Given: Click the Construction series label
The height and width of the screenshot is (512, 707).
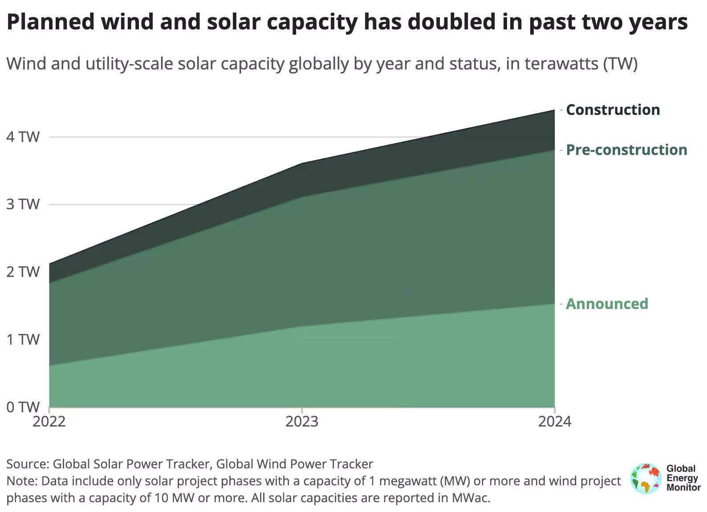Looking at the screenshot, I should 613,110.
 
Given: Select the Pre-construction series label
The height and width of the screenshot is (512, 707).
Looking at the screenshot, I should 626,150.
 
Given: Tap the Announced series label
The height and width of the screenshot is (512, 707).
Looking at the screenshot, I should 607,304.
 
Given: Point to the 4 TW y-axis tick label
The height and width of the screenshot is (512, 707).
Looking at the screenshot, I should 23,137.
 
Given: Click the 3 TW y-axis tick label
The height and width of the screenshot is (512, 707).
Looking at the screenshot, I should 23,204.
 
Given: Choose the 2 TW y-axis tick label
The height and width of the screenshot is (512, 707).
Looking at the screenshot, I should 23,272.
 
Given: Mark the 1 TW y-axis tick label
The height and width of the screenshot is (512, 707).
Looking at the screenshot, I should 23,340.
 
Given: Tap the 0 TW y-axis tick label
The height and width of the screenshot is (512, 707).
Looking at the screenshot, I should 23,407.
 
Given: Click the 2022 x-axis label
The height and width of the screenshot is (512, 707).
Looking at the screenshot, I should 49,421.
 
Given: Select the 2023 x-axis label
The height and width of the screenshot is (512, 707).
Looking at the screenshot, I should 302,421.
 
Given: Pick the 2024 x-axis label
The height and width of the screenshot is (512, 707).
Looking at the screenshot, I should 554,421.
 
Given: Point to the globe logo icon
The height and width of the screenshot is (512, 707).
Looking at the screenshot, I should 646,479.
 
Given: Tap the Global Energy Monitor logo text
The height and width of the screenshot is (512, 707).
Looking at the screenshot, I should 683,479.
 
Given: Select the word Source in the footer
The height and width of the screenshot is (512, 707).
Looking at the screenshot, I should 27,464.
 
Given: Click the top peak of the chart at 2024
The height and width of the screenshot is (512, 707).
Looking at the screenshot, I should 554,110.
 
